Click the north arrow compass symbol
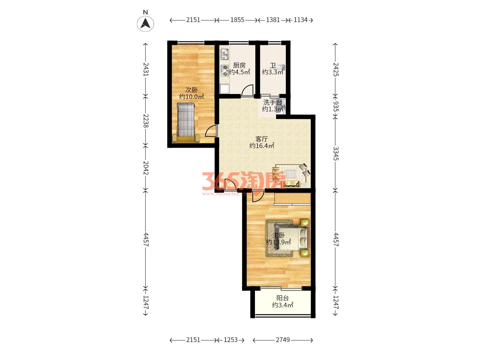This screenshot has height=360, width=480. (145, 23)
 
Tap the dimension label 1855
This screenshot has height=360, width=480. (237, 20)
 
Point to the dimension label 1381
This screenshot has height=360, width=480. (273, 20)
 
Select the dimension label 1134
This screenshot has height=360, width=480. (301, 20)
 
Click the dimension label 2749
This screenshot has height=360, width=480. (283, 340)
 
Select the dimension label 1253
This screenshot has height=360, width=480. (231, 340)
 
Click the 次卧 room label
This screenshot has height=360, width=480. (191, 90)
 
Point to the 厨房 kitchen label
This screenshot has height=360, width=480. (239, 65)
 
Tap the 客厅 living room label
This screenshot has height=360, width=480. (262, 139)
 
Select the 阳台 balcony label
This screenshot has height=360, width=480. (283, 298)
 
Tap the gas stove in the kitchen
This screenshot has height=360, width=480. (225, 71)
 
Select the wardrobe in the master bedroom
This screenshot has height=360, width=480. (292, 199)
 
